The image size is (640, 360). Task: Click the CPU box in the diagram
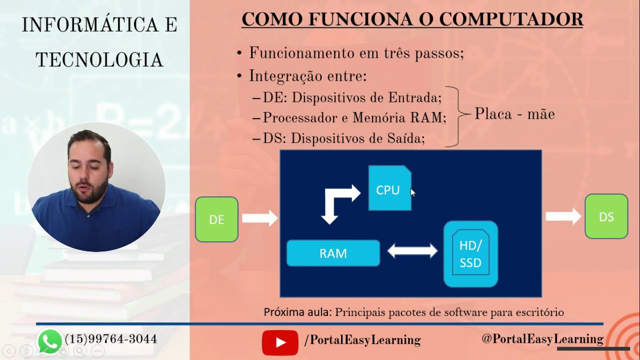tap(389, 188)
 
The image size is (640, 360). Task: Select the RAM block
tap(333, 253)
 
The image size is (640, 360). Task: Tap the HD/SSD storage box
tap(470, 254)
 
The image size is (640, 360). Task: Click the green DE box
tap(216, 219)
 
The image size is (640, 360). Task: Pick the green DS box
tap(606, 216)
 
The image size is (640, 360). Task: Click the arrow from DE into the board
tap(259, 218)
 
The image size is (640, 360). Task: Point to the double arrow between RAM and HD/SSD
tap(412, 251)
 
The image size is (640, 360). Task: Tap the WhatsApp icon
tap(49, 340)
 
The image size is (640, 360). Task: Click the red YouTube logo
tap(279, 342)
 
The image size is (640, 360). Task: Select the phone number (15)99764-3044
tap(111, 339)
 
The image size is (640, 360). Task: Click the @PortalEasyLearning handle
tap(542, 339)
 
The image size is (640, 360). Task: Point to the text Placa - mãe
tap(514, 114)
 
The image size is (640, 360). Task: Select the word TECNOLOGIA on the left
tap(99, 60)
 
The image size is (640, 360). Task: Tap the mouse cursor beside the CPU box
tap(412, 192)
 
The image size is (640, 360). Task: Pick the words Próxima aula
tap(297, 312)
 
